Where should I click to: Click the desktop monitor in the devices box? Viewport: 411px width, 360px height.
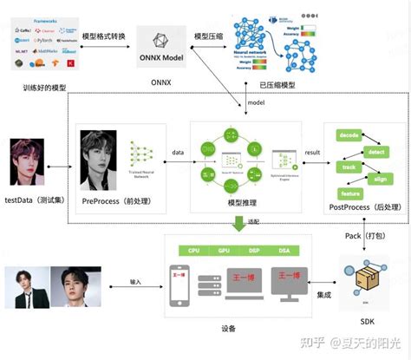point(291,285)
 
